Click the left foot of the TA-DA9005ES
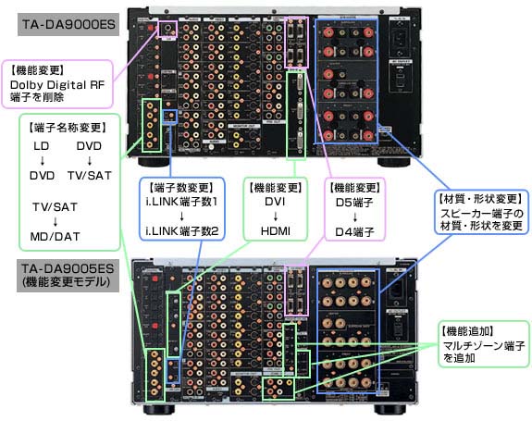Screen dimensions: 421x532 click(x=170, y=407)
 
